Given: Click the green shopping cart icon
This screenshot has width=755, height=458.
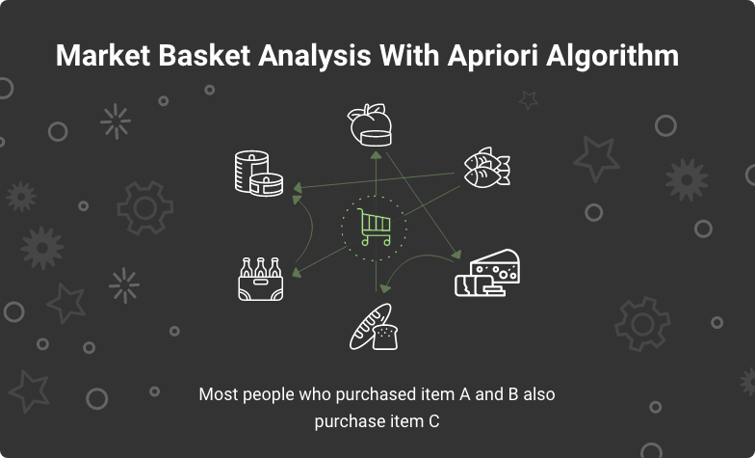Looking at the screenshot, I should coord(375,228).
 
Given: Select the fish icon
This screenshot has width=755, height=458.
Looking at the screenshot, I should coord(486,167).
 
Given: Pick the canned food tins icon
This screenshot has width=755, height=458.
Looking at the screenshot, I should coord(259,174).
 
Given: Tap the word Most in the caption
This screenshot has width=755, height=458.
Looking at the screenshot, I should coord(217,394).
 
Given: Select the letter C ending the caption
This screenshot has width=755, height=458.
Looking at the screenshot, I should coord(434,421).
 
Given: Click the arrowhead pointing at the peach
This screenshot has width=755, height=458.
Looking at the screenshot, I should coord(376,155).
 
